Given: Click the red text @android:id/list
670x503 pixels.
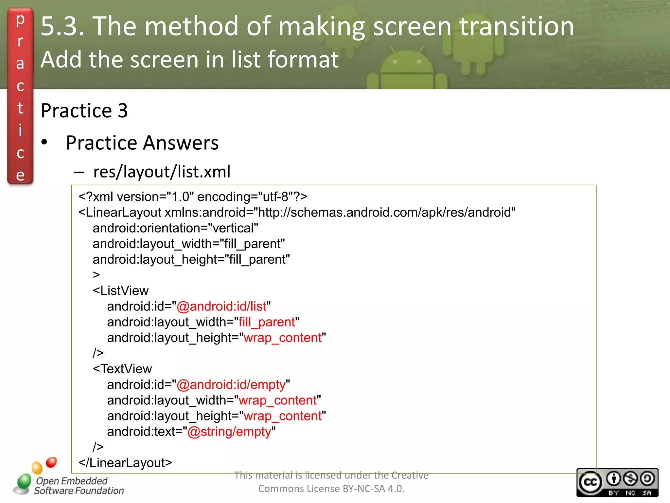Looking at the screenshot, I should pyautogui.click(x=221, y=307).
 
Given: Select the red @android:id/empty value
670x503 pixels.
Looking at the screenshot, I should pyautogui.click(x=231, y=385).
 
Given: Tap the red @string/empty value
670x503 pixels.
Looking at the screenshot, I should pyautogui.click(x=229, y=432).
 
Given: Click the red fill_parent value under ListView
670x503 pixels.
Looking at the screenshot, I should pyautogui.click(x=267, y=322).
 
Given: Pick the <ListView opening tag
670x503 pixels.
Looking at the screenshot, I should pyautogui.click(x=121, y=291).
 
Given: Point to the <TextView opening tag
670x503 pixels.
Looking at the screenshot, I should pyautogui.click(x=122, y=369).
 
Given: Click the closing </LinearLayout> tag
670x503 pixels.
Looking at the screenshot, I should pyautogui.click(x=125, y=463).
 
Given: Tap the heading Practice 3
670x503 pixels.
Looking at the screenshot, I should pyautogui.click(x=84, y=111).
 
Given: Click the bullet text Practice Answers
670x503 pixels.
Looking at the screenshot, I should pyautogui.click(x=142, y=143).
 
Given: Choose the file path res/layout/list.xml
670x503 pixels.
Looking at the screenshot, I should pyautogui.click(x=162, y=172).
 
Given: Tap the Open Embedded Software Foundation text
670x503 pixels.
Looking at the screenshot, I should pyautogui.click(x=79, y=486).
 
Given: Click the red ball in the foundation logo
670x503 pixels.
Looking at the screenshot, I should pyautogui.click(x=51, y=462).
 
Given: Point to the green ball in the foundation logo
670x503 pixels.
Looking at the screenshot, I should pyautogui.click(x=24, y=481).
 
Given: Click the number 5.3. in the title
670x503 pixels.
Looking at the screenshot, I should pyautogui.click(x=62, y=26).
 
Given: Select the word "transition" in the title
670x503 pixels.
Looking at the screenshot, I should pyautogui.click(x=517, y=26).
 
